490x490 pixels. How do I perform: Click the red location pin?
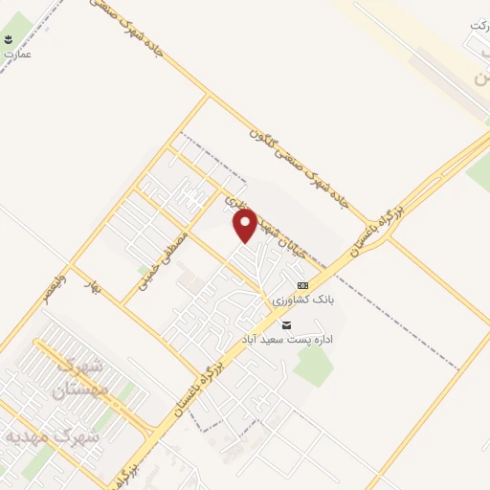246,226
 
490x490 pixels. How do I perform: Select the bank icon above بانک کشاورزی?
303,285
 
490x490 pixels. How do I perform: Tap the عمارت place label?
17,55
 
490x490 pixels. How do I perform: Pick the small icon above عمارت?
9,40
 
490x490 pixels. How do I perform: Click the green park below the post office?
314,364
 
